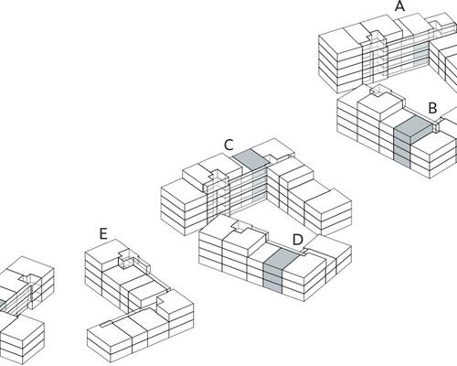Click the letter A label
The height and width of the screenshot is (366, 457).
coord(399,6)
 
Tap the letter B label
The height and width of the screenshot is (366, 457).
coord(432,108)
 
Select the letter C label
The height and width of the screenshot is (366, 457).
coord(228,145)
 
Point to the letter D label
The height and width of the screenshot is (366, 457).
coord(298,240)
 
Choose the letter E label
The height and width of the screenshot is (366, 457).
coord(103,234)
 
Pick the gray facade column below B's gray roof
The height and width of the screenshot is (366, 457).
coord(402,149)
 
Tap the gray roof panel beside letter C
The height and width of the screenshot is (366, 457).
coord(250,159)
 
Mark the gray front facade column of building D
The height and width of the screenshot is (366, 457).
coord(272,277)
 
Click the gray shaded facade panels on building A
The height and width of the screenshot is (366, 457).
coord(420,54)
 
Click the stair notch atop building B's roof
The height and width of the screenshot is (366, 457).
coord(380,91)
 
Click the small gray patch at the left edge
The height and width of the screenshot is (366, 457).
coord(3,305)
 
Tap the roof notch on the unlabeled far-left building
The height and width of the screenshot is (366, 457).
coord(29,278)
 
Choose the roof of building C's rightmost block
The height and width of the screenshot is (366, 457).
coord(328,200)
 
